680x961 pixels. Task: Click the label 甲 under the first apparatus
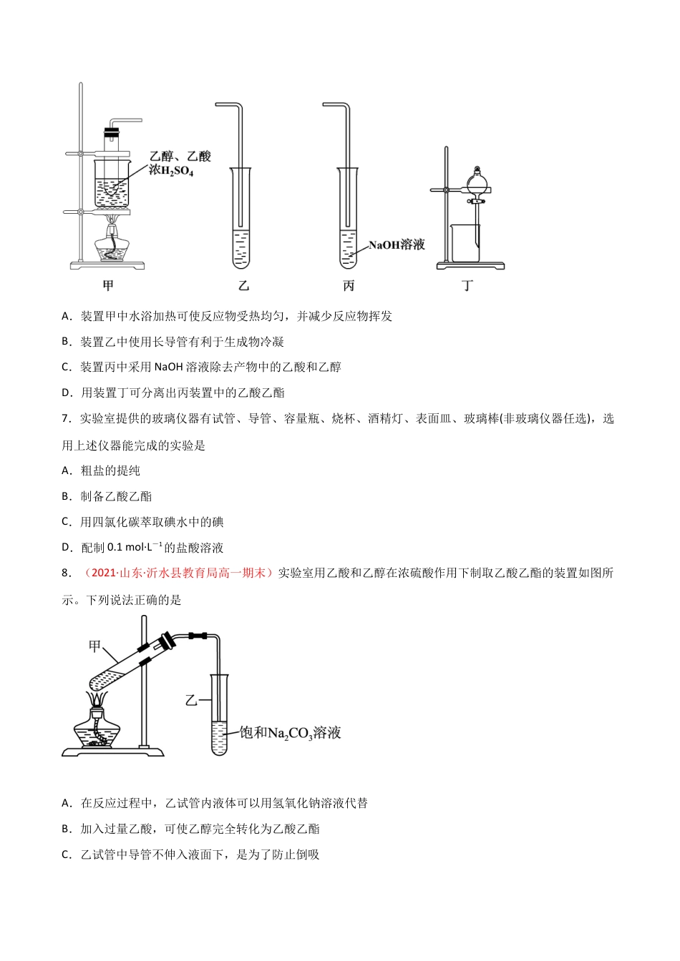[x=108, y=285]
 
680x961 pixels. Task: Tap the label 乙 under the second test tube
[x=243, y=285]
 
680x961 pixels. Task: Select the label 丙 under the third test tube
[x=349, y=285]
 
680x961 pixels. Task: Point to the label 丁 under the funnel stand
[x=467, y=285]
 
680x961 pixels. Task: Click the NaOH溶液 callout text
[x=397, y=245]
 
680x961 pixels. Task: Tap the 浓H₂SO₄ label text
[x=171, y=171]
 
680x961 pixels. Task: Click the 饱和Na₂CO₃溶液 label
[x=290, y=733]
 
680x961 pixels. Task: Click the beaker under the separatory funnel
[x=465, y=243]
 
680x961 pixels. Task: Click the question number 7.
[x=66, y=419]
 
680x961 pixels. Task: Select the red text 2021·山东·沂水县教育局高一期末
[x=178, y=573]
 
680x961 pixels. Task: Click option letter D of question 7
[x=67, y=548]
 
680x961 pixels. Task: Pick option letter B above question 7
[x=67, y=342]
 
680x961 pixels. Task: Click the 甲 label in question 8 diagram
[x=94, y=646]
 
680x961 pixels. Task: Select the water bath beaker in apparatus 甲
[x=112, y=184]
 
